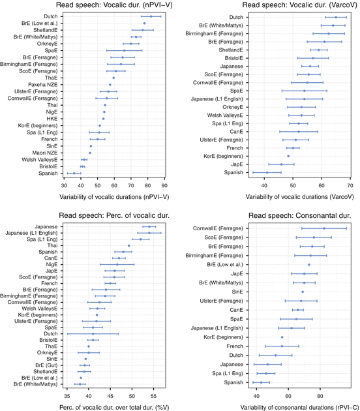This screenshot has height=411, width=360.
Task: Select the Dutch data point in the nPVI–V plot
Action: tap(151, 16)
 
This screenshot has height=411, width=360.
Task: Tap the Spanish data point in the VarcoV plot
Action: tap(267, 173)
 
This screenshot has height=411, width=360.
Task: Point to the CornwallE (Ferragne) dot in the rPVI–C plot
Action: tap(324, 228)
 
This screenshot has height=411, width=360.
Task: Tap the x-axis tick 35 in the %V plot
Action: tap(67, 395)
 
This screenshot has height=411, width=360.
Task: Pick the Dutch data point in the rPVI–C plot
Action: tap(276, 355)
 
